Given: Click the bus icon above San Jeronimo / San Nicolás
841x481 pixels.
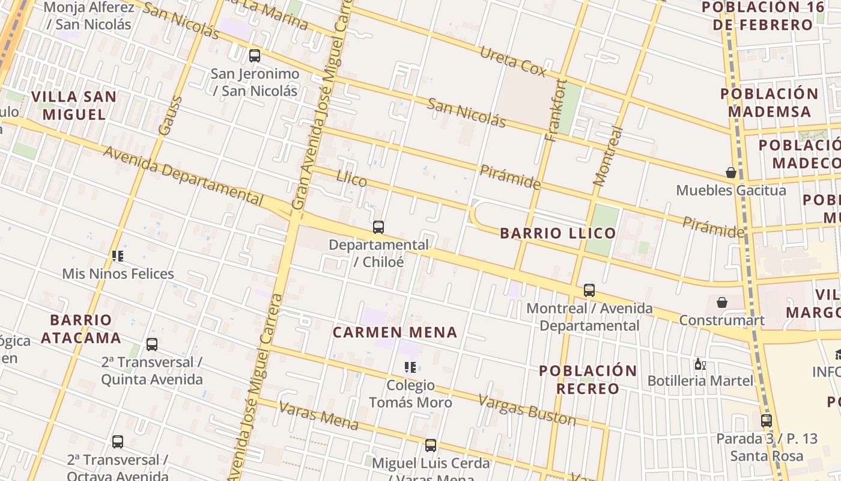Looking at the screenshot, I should (x=255, y=56).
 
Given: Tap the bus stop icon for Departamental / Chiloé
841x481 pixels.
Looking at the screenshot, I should (x=378, y=227).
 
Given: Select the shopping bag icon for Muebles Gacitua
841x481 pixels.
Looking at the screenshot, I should (x=731, y=173).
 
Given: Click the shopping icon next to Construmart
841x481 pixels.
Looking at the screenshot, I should (x=722, y=302).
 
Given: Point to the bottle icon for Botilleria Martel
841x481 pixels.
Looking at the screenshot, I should (x=700, y=364).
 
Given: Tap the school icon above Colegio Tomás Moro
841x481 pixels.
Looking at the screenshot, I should (x=410, y=367).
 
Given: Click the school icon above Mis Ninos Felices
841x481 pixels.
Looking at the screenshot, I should (x=118, y=256).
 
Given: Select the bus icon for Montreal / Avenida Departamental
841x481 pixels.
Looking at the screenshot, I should (x=589, y=290).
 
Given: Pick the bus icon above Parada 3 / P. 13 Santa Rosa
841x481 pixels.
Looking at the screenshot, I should (x=767, y=421).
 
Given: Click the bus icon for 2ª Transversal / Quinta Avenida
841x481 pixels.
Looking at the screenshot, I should (x=152, y=345).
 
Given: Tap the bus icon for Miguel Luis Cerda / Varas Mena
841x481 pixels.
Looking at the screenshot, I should (x=431, y=446).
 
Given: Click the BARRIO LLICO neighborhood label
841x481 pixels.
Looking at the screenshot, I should (x=558, y=233).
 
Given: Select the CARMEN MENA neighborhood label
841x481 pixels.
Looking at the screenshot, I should (x=395, y=332).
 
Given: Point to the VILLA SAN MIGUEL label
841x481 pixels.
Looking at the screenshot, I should (x=74, y=105).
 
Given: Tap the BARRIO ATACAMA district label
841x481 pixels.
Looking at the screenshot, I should (x=81, y=328).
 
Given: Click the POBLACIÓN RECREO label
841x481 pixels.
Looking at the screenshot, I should (x=587, y=379).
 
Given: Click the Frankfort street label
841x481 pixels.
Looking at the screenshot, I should (x=556, y=111).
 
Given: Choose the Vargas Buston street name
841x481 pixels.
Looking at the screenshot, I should (x=526, y=409).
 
